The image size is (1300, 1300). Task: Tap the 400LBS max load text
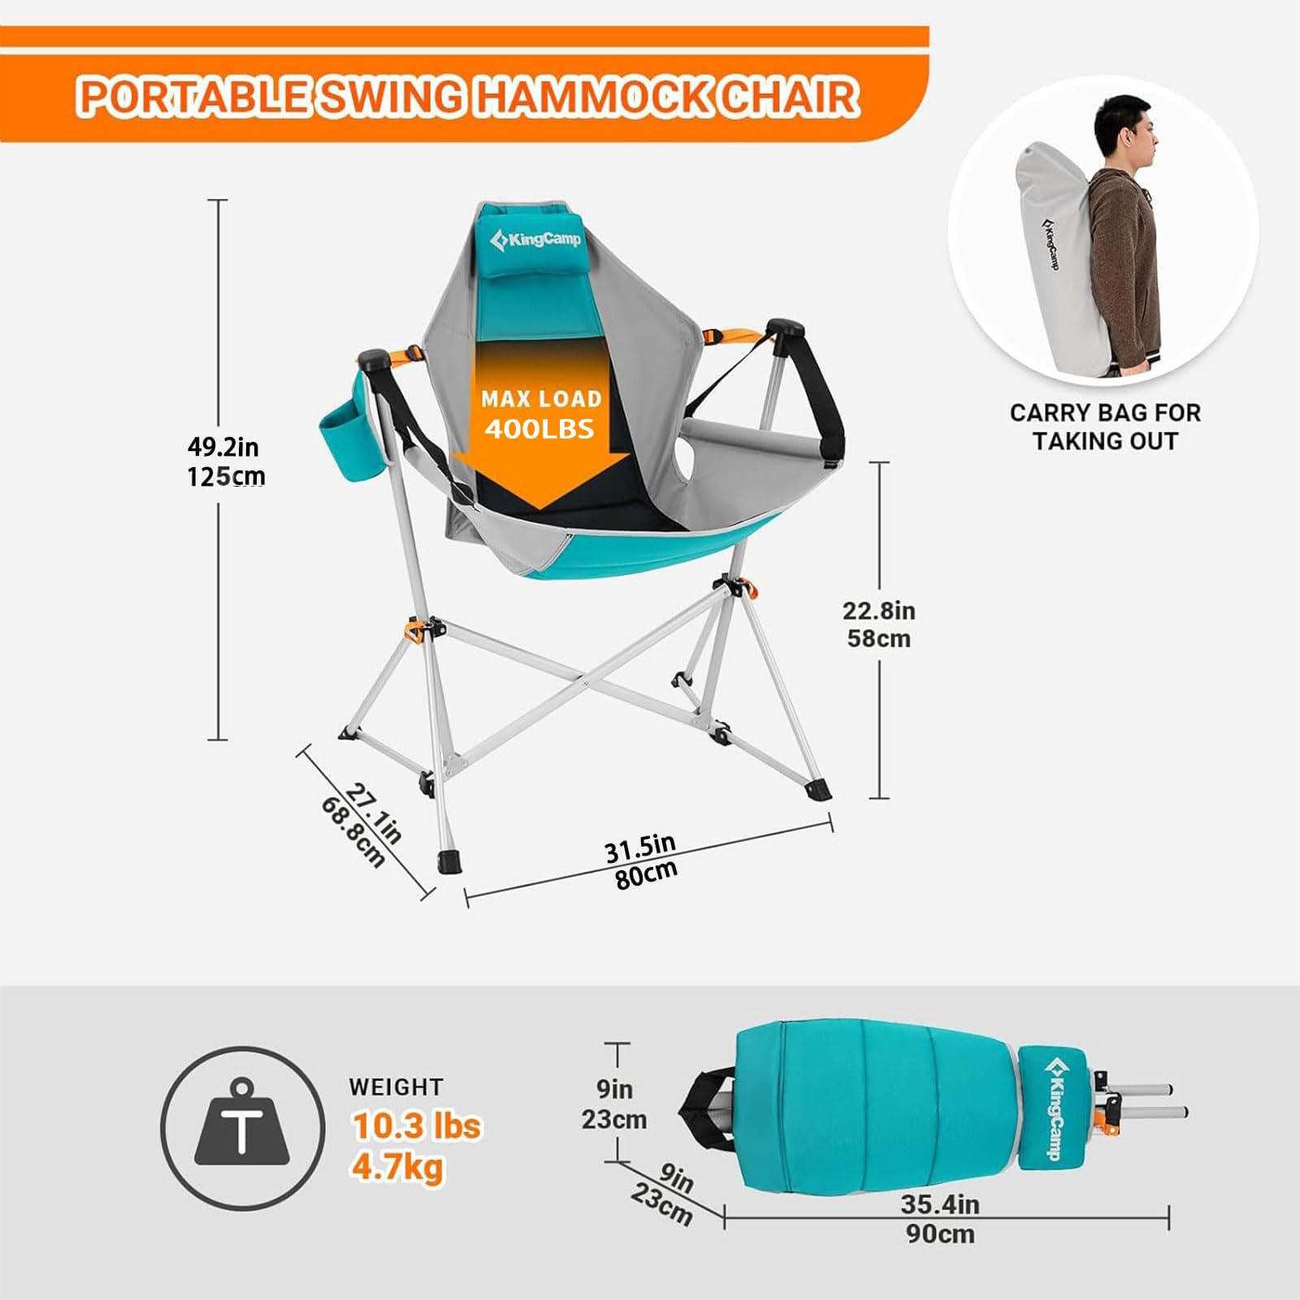(539, 429)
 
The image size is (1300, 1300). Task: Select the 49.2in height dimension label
(223, 447)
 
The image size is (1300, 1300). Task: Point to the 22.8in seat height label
(878, 610)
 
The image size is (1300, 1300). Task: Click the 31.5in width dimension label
(640, 847)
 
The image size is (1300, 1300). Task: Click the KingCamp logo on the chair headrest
(536, 240)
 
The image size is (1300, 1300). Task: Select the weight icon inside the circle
(241, 1126)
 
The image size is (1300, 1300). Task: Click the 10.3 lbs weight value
(416, 1126)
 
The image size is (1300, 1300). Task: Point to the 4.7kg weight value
(397, 1167)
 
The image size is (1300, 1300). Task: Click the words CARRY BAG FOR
(1105, 413)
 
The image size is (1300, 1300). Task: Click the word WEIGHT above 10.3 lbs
(396, 1087)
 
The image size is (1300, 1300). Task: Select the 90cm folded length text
(940, 1234)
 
